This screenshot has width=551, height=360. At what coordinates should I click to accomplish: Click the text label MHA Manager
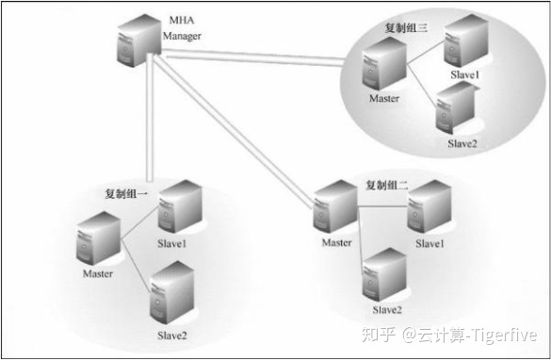tap(182, 28)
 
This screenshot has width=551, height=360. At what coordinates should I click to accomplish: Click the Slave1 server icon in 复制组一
tap(179, 208)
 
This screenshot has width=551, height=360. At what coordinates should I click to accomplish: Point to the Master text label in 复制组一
tap(97, 274)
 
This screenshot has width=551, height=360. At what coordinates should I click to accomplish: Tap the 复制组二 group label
tap(386, 184)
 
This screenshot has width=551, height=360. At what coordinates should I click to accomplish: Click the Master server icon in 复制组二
tap(337, 209)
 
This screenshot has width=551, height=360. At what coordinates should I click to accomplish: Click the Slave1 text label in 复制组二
tap(429, 244)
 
